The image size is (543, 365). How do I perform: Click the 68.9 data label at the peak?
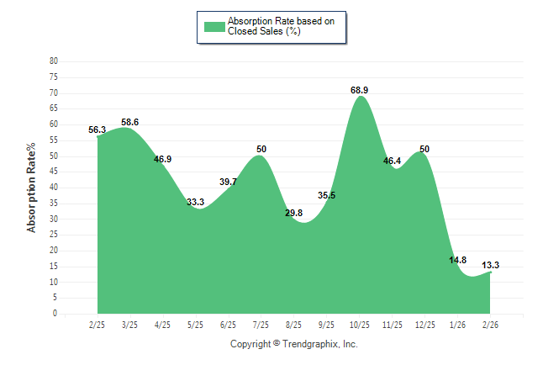[x=360, y=89]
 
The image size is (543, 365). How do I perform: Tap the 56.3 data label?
[x=97, y=130]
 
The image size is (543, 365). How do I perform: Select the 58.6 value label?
[x=129, y=122]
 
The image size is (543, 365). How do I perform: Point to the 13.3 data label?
[x=490, y=265]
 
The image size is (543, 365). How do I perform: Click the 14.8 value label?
[x=457, y=260]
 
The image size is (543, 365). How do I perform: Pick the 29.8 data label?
[x=293, y=213]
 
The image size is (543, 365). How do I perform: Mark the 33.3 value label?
[x=195, y=202]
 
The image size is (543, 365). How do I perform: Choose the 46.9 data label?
[x=162, y=159]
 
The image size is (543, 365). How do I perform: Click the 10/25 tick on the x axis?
[x=360, y=325]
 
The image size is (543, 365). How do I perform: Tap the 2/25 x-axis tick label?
[x=97, y=325]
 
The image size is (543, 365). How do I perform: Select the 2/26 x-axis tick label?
[x=491, y=325]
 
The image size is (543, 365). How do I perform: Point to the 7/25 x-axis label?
[x=261, y=325]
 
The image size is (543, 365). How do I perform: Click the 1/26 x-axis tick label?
[x=458, y=325]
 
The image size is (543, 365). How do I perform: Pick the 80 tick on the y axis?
[x=54, y=61]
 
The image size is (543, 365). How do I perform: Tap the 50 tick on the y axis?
[x=54, y=156]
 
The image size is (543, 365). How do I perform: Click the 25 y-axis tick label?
[x=54, y=235]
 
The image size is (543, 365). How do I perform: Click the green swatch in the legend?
[x=214, y=26]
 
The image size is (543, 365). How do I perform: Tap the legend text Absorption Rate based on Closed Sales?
[x=275, y=26]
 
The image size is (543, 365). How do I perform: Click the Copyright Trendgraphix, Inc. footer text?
[x=293, y=344]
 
